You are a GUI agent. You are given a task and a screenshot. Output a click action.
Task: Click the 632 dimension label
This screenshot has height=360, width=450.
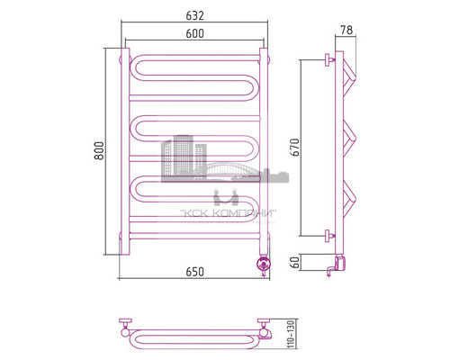click(x=194, y=16)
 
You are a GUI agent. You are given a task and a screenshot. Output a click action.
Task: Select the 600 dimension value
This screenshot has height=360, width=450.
click(x=194, y=33)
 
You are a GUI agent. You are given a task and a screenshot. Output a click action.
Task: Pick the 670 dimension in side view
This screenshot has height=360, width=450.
click(x=310, y=147)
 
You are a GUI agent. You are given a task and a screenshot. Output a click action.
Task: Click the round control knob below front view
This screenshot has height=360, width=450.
click(x=264, y=265)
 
